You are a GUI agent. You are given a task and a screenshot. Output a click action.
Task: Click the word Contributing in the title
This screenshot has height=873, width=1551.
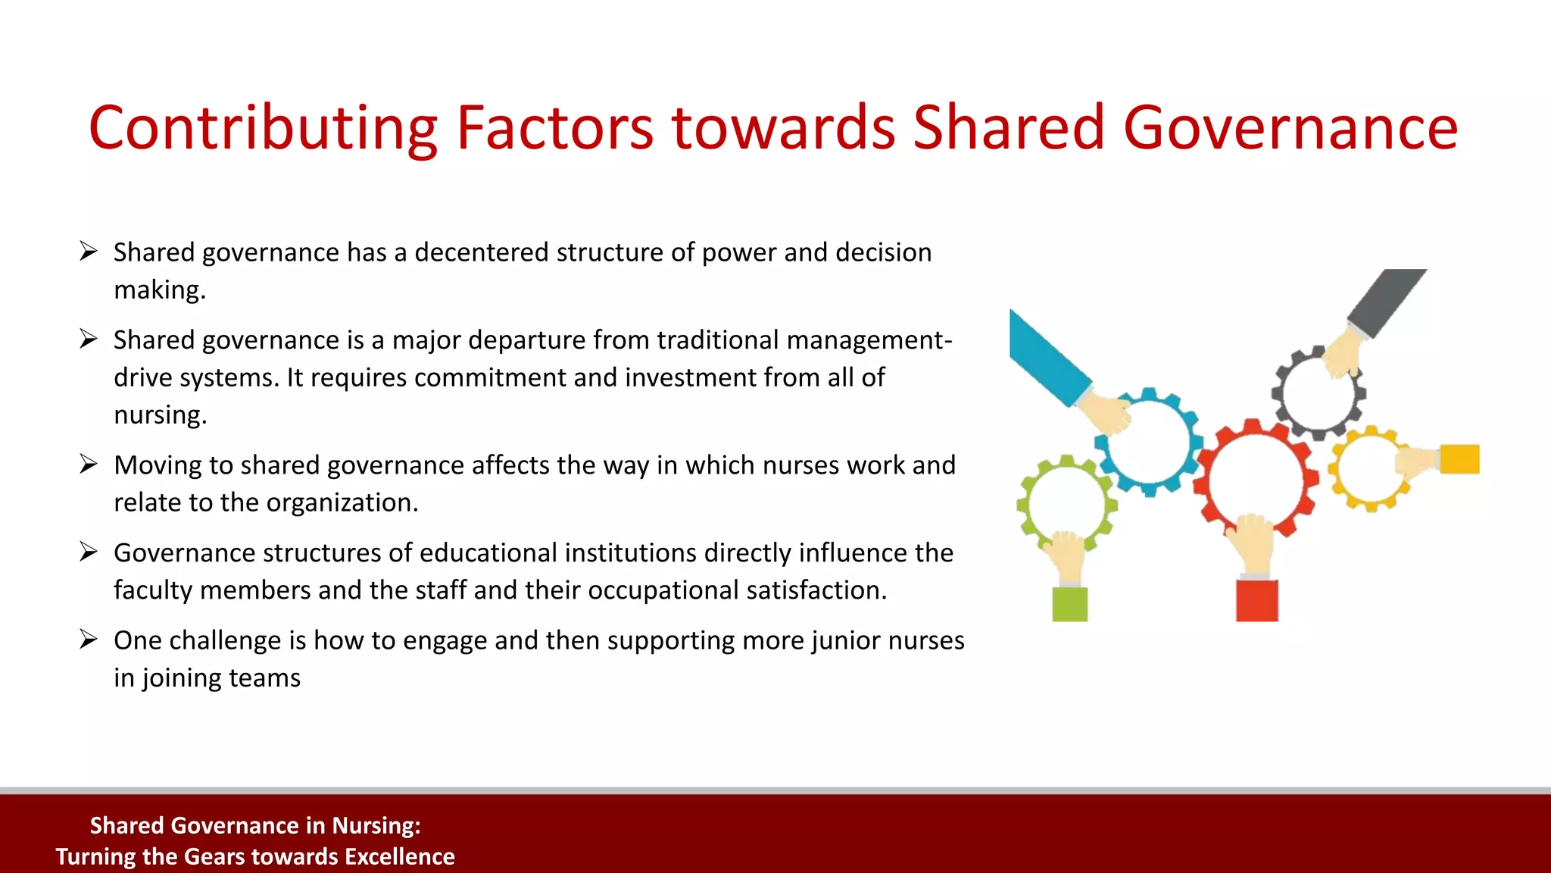click(262, 129)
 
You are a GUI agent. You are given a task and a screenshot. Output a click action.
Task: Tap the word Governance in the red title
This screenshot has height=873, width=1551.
click(1290, 129)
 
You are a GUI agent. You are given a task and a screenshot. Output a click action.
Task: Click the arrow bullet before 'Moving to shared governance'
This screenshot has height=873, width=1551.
click(89, 465)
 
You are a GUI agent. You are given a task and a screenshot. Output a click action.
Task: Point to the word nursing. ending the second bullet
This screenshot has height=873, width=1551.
click(160, 415)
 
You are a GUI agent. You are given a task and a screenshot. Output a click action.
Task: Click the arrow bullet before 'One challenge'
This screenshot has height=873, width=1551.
click(89, 640)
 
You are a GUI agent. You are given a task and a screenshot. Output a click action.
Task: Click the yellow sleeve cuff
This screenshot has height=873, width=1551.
click(1459, 459)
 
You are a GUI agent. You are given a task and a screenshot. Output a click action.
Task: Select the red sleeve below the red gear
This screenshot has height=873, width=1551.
click(1256, 600)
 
